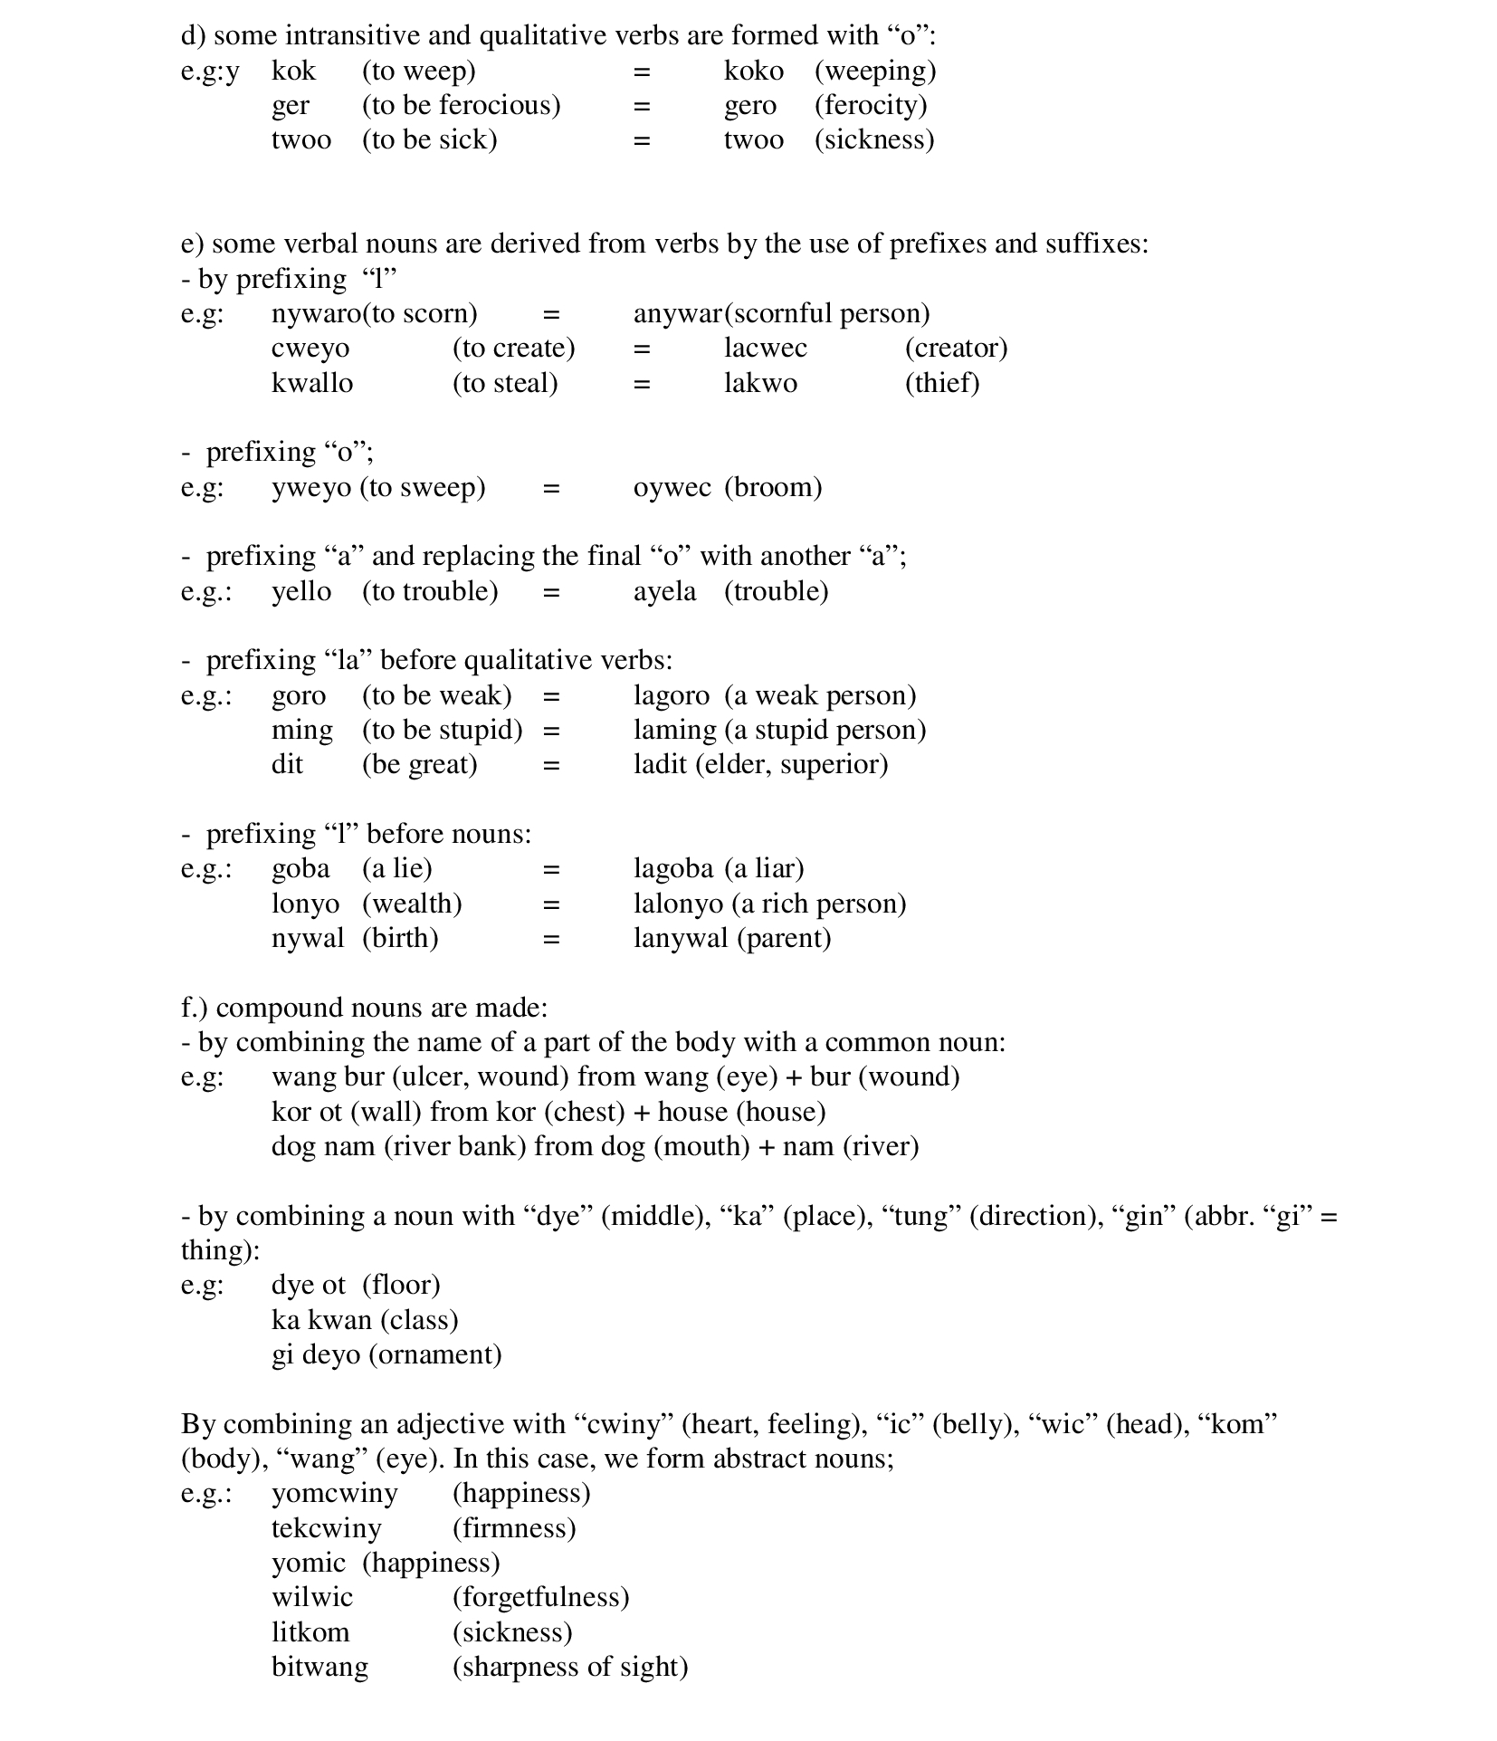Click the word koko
pyautogui.click(x=753, y=71)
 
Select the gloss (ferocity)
pyautogui.click(x=871, y=105)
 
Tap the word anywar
pyautogui.click(x=677, y=313)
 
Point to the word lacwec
pyautogui.click(x=765, y=348)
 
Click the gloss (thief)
pyautogui.click(x=942, y=383)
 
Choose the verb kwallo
pyautogui.click(x=311, y=383)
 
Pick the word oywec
pyautogui.click(x=672, y=487)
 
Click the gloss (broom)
pyautogui.click(x=773, y=487)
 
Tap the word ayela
pyautogui.click(x=664, y=591)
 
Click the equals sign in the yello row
pyautogui.click(x=551, y=592)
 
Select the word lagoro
pyautogui.click(x=671, y=695)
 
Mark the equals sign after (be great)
pyautogui.click(x=551, y=766)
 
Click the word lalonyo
pyautogui.click(x=678, y=904)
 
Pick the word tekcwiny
pyautogui.click(x=326, y=1528)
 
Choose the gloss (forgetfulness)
pyautogui.click(x=540, y=1597)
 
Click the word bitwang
pyautogui.click(x=319, y=1667)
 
